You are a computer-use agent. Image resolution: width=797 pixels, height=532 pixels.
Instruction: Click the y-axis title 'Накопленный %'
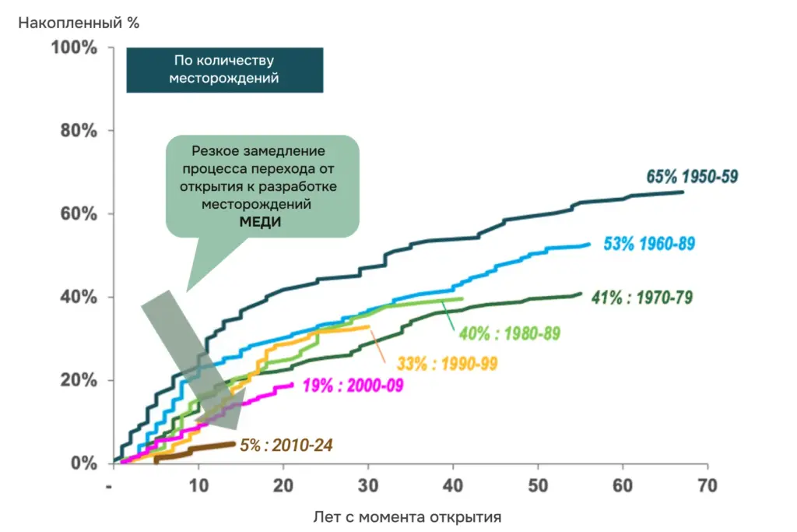(79, 23)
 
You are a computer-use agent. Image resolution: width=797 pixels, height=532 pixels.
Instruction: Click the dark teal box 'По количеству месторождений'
(224, 70)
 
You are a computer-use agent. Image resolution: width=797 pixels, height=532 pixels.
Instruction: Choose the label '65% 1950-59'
(692, 177)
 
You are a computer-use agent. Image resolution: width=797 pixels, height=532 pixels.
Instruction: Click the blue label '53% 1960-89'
(649, 244)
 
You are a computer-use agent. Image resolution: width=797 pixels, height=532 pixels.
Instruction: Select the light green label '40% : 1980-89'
(510, 333)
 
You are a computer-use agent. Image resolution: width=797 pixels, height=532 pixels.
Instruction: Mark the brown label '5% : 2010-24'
(286, 446)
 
